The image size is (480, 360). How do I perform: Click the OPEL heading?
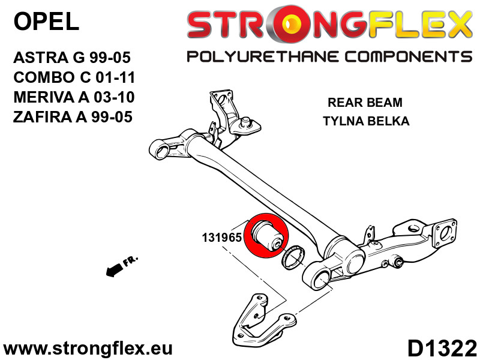point(47,22)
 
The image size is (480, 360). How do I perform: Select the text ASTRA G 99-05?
point(72,58)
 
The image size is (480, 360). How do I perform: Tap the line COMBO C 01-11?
point(74,77)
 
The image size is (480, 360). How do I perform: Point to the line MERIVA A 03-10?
point(74,97)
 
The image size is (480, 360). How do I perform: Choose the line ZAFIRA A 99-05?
point(73,117)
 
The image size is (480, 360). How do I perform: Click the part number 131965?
point(221,238)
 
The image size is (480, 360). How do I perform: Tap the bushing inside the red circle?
point(266,235)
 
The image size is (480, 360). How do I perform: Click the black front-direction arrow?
point(115,269)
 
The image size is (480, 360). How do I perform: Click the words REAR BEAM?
point(365,102)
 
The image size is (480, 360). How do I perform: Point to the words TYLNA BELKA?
point(366,121)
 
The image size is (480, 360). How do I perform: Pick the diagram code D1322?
point(442,349)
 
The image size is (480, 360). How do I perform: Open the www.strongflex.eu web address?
point(88,349)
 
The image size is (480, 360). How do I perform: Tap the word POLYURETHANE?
point(263,57)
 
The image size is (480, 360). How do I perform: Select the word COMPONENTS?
point(409,57)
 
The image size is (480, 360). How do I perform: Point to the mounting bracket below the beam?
point(264,320)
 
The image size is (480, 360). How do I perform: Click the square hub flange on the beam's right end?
point(445,234)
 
